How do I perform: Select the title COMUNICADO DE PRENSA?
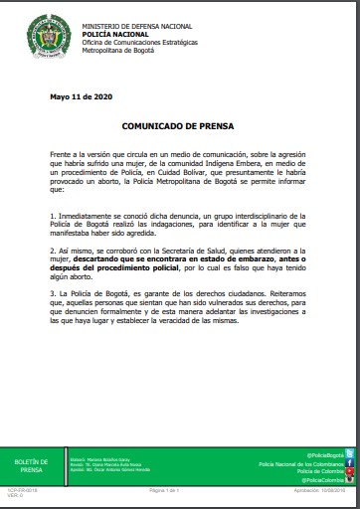point(179,127)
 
